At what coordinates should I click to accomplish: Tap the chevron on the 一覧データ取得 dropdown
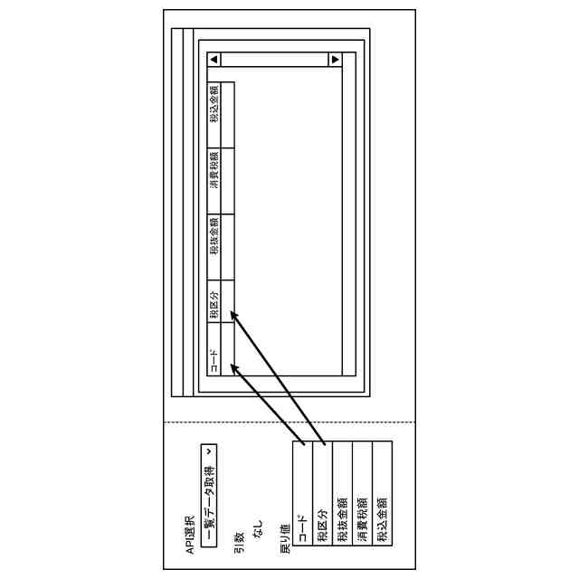[x=209, y=450]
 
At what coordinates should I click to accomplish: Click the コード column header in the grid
[x=214, y=361]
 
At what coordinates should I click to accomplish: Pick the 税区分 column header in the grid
[x=214, y=304]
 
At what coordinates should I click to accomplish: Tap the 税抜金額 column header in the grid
[x=214, y=237]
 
